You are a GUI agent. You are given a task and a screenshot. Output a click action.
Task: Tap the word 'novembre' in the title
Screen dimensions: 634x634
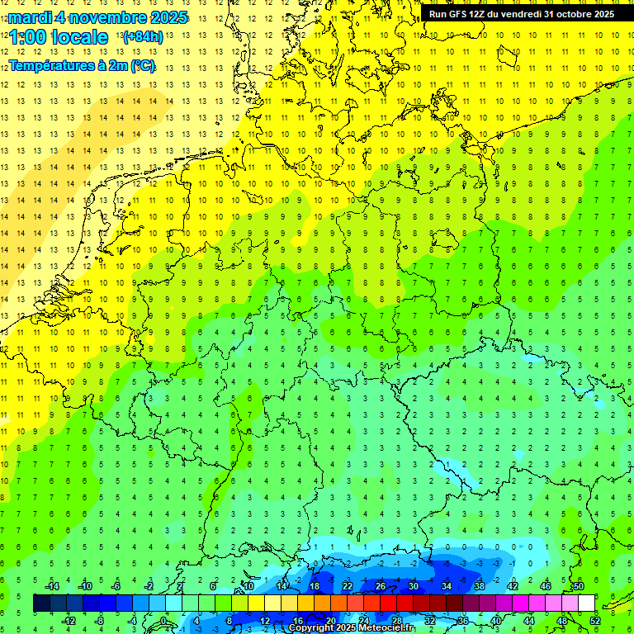click(x=105, y=17)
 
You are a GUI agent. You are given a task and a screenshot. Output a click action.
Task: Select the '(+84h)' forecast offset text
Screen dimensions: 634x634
click(x=143, y=37)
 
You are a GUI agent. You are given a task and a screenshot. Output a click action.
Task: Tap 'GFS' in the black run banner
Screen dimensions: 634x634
click(x=460, y=14)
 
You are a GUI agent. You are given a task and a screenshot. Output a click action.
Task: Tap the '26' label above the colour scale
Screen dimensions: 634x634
click(x=381, y=586)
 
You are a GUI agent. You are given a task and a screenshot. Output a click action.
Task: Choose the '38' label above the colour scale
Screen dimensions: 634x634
click(x=480, y=586)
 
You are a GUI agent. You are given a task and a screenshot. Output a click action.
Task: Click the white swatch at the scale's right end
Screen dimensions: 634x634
click(x=587, y=603)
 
